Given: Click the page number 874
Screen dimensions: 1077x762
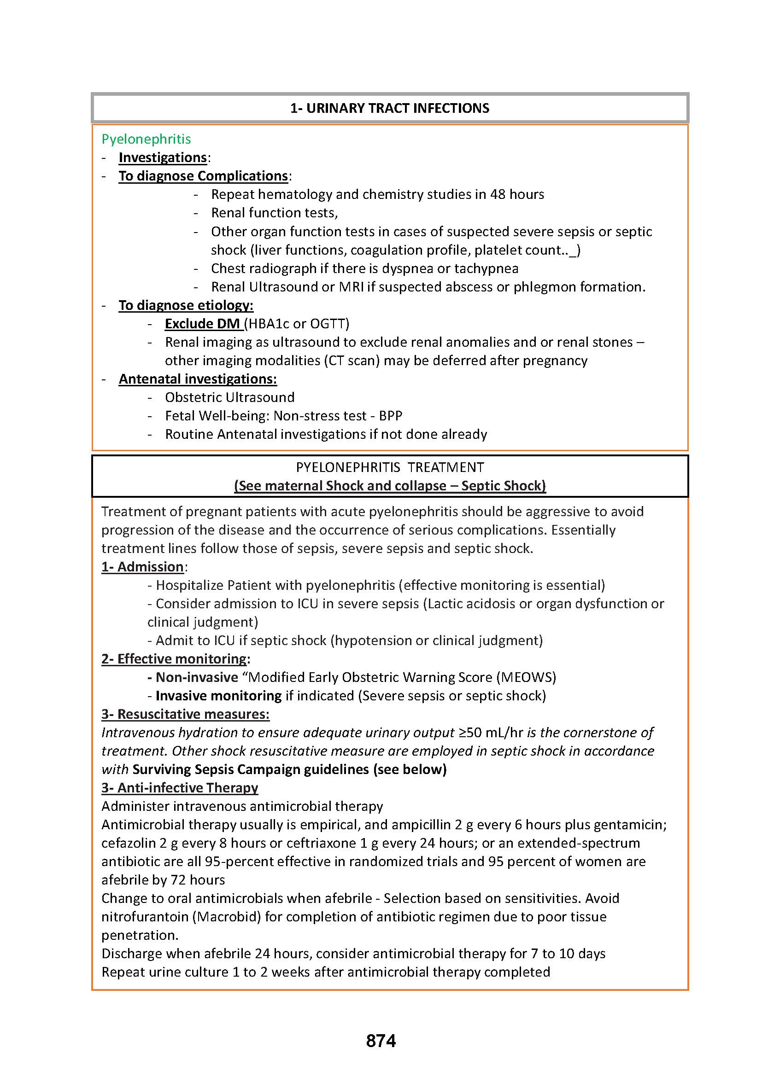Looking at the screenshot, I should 381,1041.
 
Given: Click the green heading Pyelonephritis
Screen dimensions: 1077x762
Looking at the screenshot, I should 146,139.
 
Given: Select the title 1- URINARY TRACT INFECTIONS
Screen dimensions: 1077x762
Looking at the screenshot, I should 389,108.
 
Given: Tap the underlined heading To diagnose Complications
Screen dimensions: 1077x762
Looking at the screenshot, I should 203,176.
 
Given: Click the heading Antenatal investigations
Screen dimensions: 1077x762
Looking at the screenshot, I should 198,379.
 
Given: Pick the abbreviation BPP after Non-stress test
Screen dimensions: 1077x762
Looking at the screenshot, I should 390,416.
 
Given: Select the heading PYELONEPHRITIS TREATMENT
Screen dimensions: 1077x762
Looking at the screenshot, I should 389,467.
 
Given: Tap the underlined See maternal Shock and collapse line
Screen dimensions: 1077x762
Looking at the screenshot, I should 389,485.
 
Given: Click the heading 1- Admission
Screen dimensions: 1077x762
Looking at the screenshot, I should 143,567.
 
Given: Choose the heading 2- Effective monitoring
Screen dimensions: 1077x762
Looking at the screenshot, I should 174,659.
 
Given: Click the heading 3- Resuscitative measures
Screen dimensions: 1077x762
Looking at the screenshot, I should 185,714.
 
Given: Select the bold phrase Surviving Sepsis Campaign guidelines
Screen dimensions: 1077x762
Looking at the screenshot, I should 251,769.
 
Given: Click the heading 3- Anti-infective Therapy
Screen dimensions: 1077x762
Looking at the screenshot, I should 180,788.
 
